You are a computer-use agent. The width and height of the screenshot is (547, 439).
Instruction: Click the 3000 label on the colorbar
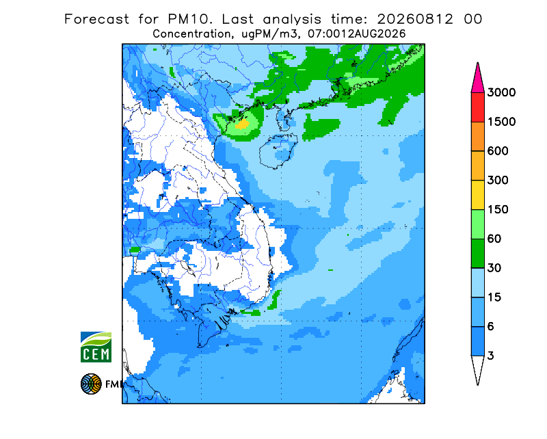point(501,92)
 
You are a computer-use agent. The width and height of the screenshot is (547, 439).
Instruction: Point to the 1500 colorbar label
point(501,122)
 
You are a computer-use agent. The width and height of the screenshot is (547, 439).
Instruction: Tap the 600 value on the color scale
point(498,151)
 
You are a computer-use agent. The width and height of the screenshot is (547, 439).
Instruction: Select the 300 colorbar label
point(498,181)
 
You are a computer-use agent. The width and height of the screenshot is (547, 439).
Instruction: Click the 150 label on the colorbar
point(498,210)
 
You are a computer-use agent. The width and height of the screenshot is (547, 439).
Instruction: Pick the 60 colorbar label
point(494,239)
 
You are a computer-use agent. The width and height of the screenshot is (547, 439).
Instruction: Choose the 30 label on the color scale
point(494,268)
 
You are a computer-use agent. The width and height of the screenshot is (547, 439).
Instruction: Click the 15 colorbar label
point(494,297)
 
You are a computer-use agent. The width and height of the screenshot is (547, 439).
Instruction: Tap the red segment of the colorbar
point(477,107)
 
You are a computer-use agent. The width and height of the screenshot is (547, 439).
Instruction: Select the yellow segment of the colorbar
point(477,195)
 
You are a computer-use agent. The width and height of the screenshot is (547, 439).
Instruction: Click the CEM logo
point(96,347)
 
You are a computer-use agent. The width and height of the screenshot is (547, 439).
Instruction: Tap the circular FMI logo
point(91,384)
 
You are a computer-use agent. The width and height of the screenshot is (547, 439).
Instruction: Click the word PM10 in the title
point(190,19)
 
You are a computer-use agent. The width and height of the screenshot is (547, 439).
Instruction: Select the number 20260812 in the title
point(415,19)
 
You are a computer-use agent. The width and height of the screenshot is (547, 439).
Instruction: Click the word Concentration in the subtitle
point(191,34)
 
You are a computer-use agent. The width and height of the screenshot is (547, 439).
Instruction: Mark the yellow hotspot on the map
point(242,124)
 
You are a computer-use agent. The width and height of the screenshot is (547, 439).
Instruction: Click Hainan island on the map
point(278,150)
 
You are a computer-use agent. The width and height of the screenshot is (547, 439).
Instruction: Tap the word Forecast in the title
point(96,19)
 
